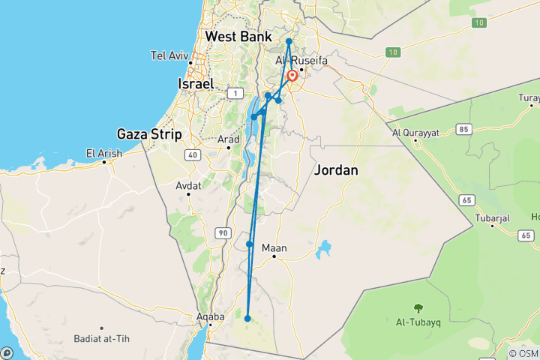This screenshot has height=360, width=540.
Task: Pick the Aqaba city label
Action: point(209,317)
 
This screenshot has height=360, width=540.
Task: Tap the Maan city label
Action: point(274,248)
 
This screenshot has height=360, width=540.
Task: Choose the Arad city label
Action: point(229,139)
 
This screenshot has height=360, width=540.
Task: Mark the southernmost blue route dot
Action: point(247,319)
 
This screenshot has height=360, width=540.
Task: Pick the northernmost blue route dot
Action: point(289,41)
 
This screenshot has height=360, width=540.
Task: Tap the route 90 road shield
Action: point(222,234)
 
